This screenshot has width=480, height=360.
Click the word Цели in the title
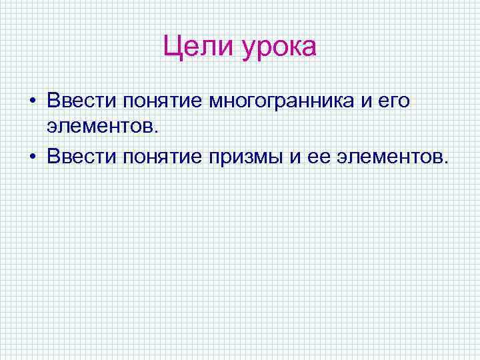(198, 47)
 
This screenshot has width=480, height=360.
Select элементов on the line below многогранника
(100, 127)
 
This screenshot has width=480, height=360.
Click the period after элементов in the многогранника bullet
(158, 131)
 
